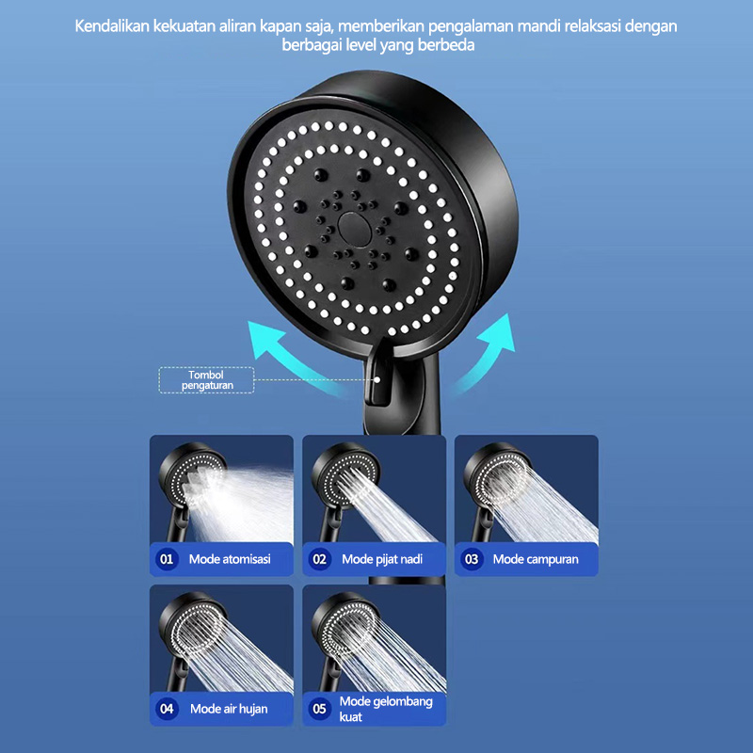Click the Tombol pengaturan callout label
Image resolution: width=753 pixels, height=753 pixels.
coord(205,379)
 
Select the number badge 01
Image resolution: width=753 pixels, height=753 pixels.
coord(168,559)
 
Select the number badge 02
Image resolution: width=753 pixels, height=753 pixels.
coord(320,559)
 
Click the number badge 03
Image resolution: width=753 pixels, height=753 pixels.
coord(472,559)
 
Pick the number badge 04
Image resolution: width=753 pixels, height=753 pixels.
coord(168,709)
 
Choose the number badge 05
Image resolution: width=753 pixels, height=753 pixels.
coord(320,709)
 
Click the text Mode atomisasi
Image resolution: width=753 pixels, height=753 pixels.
coord(230,559)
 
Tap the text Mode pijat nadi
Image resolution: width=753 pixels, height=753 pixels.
coord(382,559)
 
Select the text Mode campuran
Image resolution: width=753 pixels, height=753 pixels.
coord(536,559)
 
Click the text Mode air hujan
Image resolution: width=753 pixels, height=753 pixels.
coord(229,709)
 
